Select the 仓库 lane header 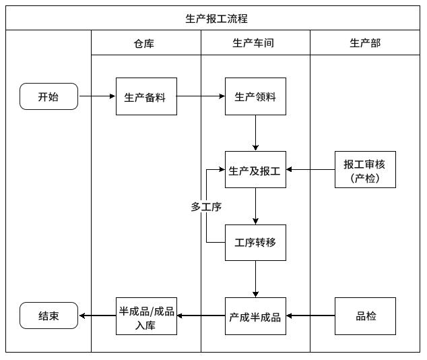click(145, 43)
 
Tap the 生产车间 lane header click(254, 43)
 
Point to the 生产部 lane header click(364, 43)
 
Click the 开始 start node click(48, 96)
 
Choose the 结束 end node click(48, 316)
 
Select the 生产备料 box click(145, 96)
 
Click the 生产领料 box click(255, 96)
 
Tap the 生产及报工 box click(255, 169)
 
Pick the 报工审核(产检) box click(365, 169)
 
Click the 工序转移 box click(255, 242)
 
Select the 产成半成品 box click(255, 316)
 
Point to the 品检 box click(365, 316)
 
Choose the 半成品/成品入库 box click(146, 316)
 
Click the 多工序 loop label click(206, 207)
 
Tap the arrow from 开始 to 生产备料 click(97, 96)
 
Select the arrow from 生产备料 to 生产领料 click(200, 96)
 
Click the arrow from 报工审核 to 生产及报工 click(310, 169)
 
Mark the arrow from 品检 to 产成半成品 click(310, 316)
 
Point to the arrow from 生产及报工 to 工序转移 click(255, 206)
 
